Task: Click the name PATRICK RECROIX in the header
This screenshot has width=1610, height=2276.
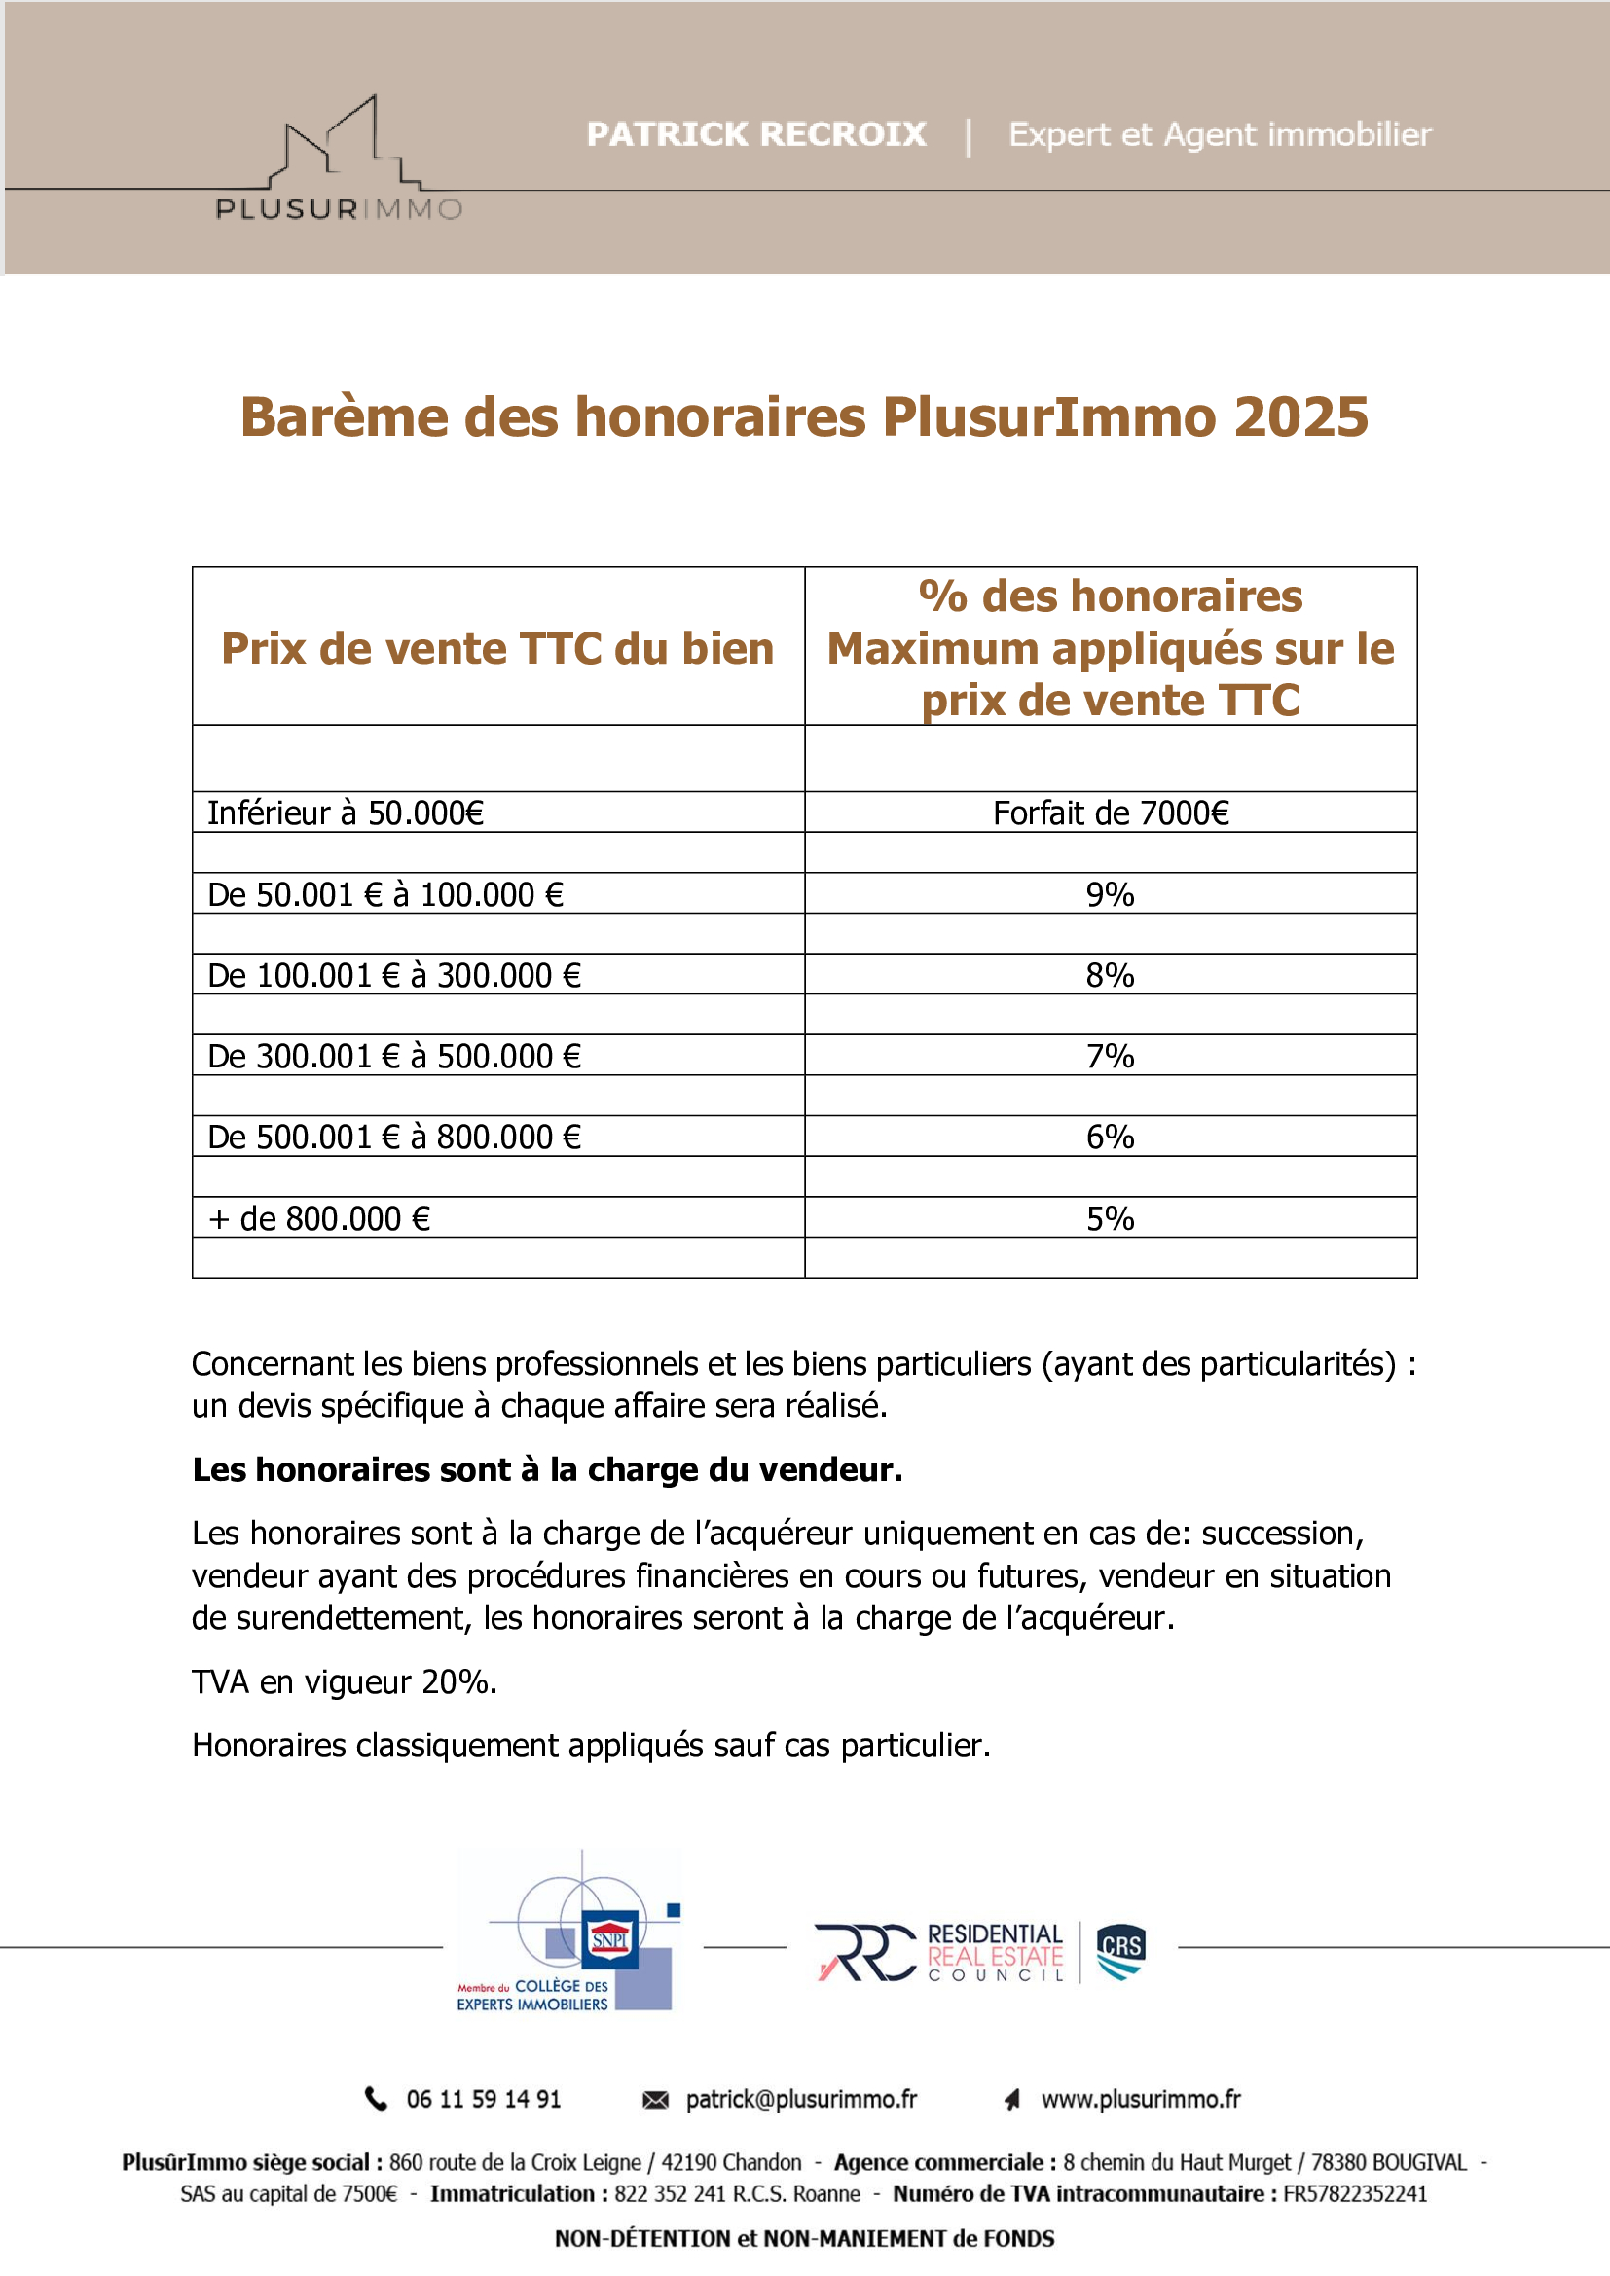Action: coord(755,134)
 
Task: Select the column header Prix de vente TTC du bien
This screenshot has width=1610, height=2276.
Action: coord(497,648)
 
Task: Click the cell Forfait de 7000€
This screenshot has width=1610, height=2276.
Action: coord(1111,813)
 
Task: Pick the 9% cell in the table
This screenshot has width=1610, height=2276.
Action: coord(1110,894)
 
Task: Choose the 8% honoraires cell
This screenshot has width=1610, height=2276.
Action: coord(1110,975)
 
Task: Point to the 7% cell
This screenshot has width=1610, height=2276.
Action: coord(1110,1056)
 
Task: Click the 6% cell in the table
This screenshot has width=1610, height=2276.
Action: coord(1110,1137)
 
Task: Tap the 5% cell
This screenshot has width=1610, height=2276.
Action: coord(1110,1218)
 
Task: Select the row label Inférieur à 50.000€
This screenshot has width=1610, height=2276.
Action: coord(345,813)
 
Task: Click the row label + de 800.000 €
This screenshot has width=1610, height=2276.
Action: coord(319,1218)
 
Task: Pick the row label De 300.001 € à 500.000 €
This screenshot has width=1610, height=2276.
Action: coord(393,1056)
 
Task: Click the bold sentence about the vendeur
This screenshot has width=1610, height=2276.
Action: coord(547,1469)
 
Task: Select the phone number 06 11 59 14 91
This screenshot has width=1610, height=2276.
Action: coord(483,2099)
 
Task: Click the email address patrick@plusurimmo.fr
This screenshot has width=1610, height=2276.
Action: coord(801,2099)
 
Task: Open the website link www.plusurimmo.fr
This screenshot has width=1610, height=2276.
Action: coord(1140,2099)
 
